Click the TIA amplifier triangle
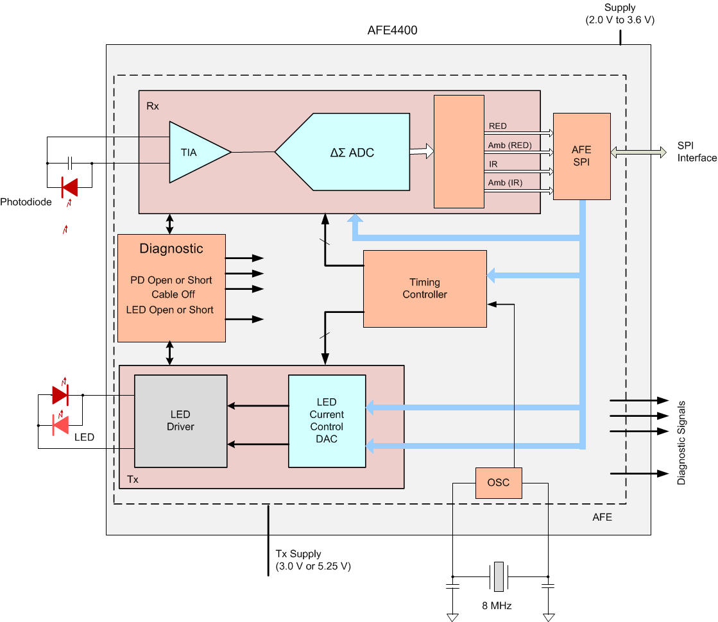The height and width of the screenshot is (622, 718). (x=192, y=152)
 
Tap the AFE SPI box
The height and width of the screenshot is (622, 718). (x=581, y=156)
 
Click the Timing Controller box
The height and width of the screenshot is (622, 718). (x=424, y=289)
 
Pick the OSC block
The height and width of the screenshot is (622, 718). (x=499, y=482)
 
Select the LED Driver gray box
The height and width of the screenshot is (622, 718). (x=180, y=421)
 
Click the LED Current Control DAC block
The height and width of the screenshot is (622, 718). (x=327, y=421)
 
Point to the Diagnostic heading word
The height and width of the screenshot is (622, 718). (x=171, y=249)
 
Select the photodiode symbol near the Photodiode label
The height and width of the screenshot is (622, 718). (x=69, y=187)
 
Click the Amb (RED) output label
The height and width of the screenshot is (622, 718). (x=509, y=146)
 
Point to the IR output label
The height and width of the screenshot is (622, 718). (x=493, y=165)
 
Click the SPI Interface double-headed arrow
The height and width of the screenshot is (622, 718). (x=639, y=152)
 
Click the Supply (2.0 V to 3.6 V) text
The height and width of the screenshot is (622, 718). (x=620, y=14)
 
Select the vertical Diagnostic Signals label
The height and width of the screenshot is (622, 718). (x=681, y=442)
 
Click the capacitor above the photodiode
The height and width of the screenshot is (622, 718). (x=70, y=163)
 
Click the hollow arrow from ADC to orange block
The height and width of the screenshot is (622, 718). (x=422, y=151)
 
